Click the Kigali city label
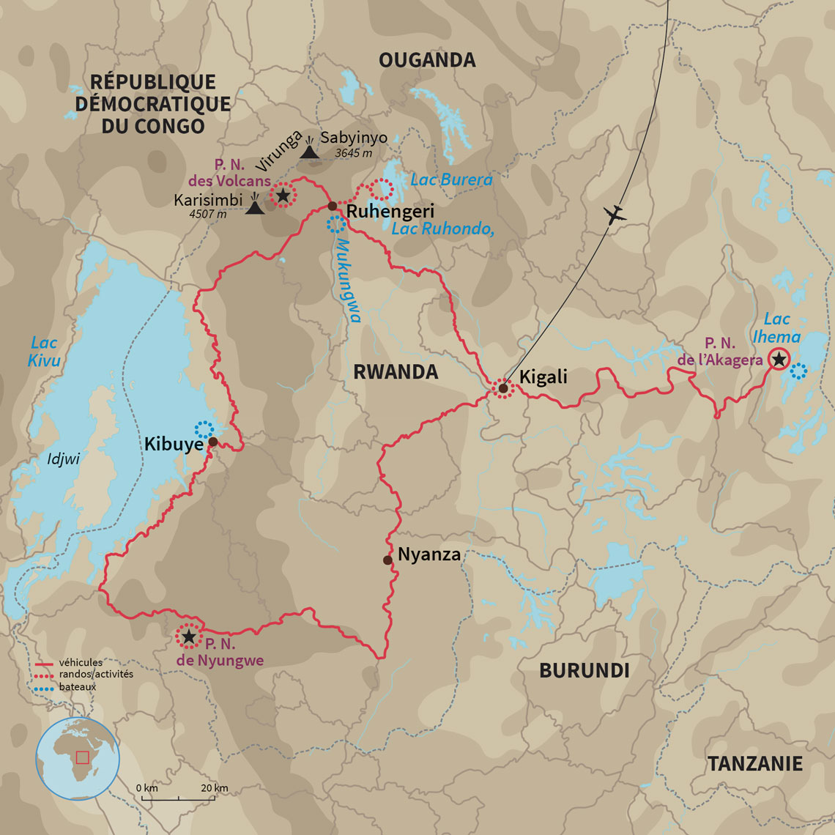click(x=543, y=376)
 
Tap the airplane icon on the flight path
click(x=617, y=215)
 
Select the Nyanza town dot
click(x=387, y=560)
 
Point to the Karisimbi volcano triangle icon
click(x=255, y=207)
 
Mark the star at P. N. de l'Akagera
click(x=779, y=360)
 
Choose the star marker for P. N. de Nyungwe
click(x=189, y=637)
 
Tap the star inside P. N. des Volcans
click(x=283, y=195)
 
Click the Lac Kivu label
click(x=45, y=351)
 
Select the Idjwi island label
click(x=62, y=459)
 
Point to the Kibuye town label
click(x=173, y=445)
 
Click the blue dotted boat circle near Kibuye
click(x=205, y=429)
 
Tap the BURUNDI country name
click(x=584, y=670)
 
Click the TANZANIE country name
click(x=754, y=764)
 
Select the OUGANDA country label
click(x=427, y=60)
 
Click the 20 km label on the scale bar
click(x=215, y=787)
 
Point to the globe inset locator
click(x=78, y=758)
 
